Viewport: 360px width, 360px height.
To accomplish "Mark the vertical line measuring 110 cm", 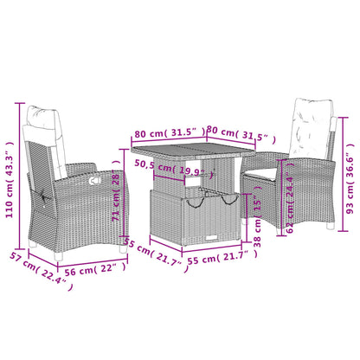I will [19, 183].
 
